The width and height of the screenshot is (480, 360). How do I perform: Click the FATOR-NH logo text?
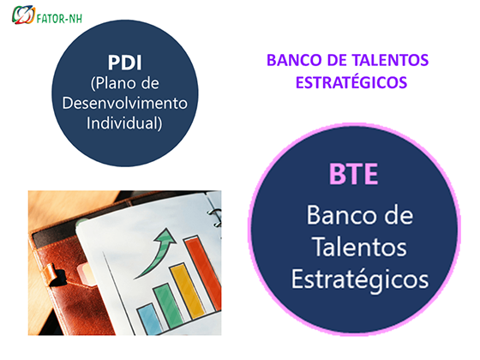59,19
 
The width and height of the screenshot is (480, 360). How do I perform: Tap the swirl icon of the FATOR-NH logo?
24,15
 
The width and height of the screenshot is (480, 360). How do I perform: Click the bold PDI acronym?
125,63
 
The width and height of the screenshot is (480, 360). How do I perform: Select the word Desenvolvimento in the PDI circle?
125,104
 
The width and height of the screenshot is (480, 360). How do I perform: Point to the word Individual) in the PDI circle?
124,123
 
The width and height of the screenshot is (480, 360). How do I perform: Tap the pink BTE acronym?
353,174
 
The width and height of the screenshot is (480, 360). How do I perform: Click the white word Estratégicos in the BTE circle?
360,279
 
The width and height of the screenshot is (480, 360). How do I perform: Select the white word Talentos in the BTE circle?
360,247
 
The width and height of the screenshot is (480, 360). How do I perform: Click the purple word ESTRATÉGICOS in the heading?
351,82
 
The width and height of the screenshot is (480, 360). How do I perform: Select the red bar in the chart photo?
203,272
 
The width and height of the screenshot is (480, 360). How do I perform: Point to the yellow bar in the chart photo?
187,291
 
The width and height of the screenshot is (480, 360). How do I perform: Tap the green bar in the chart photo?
168,306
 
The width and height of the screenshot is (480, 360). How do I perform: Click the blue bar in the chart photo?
150,318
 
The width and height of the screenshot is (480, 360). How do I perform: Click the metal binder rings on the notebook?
216,217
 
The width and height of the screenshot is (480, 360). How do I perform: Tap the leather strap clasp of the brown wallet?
54,274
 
